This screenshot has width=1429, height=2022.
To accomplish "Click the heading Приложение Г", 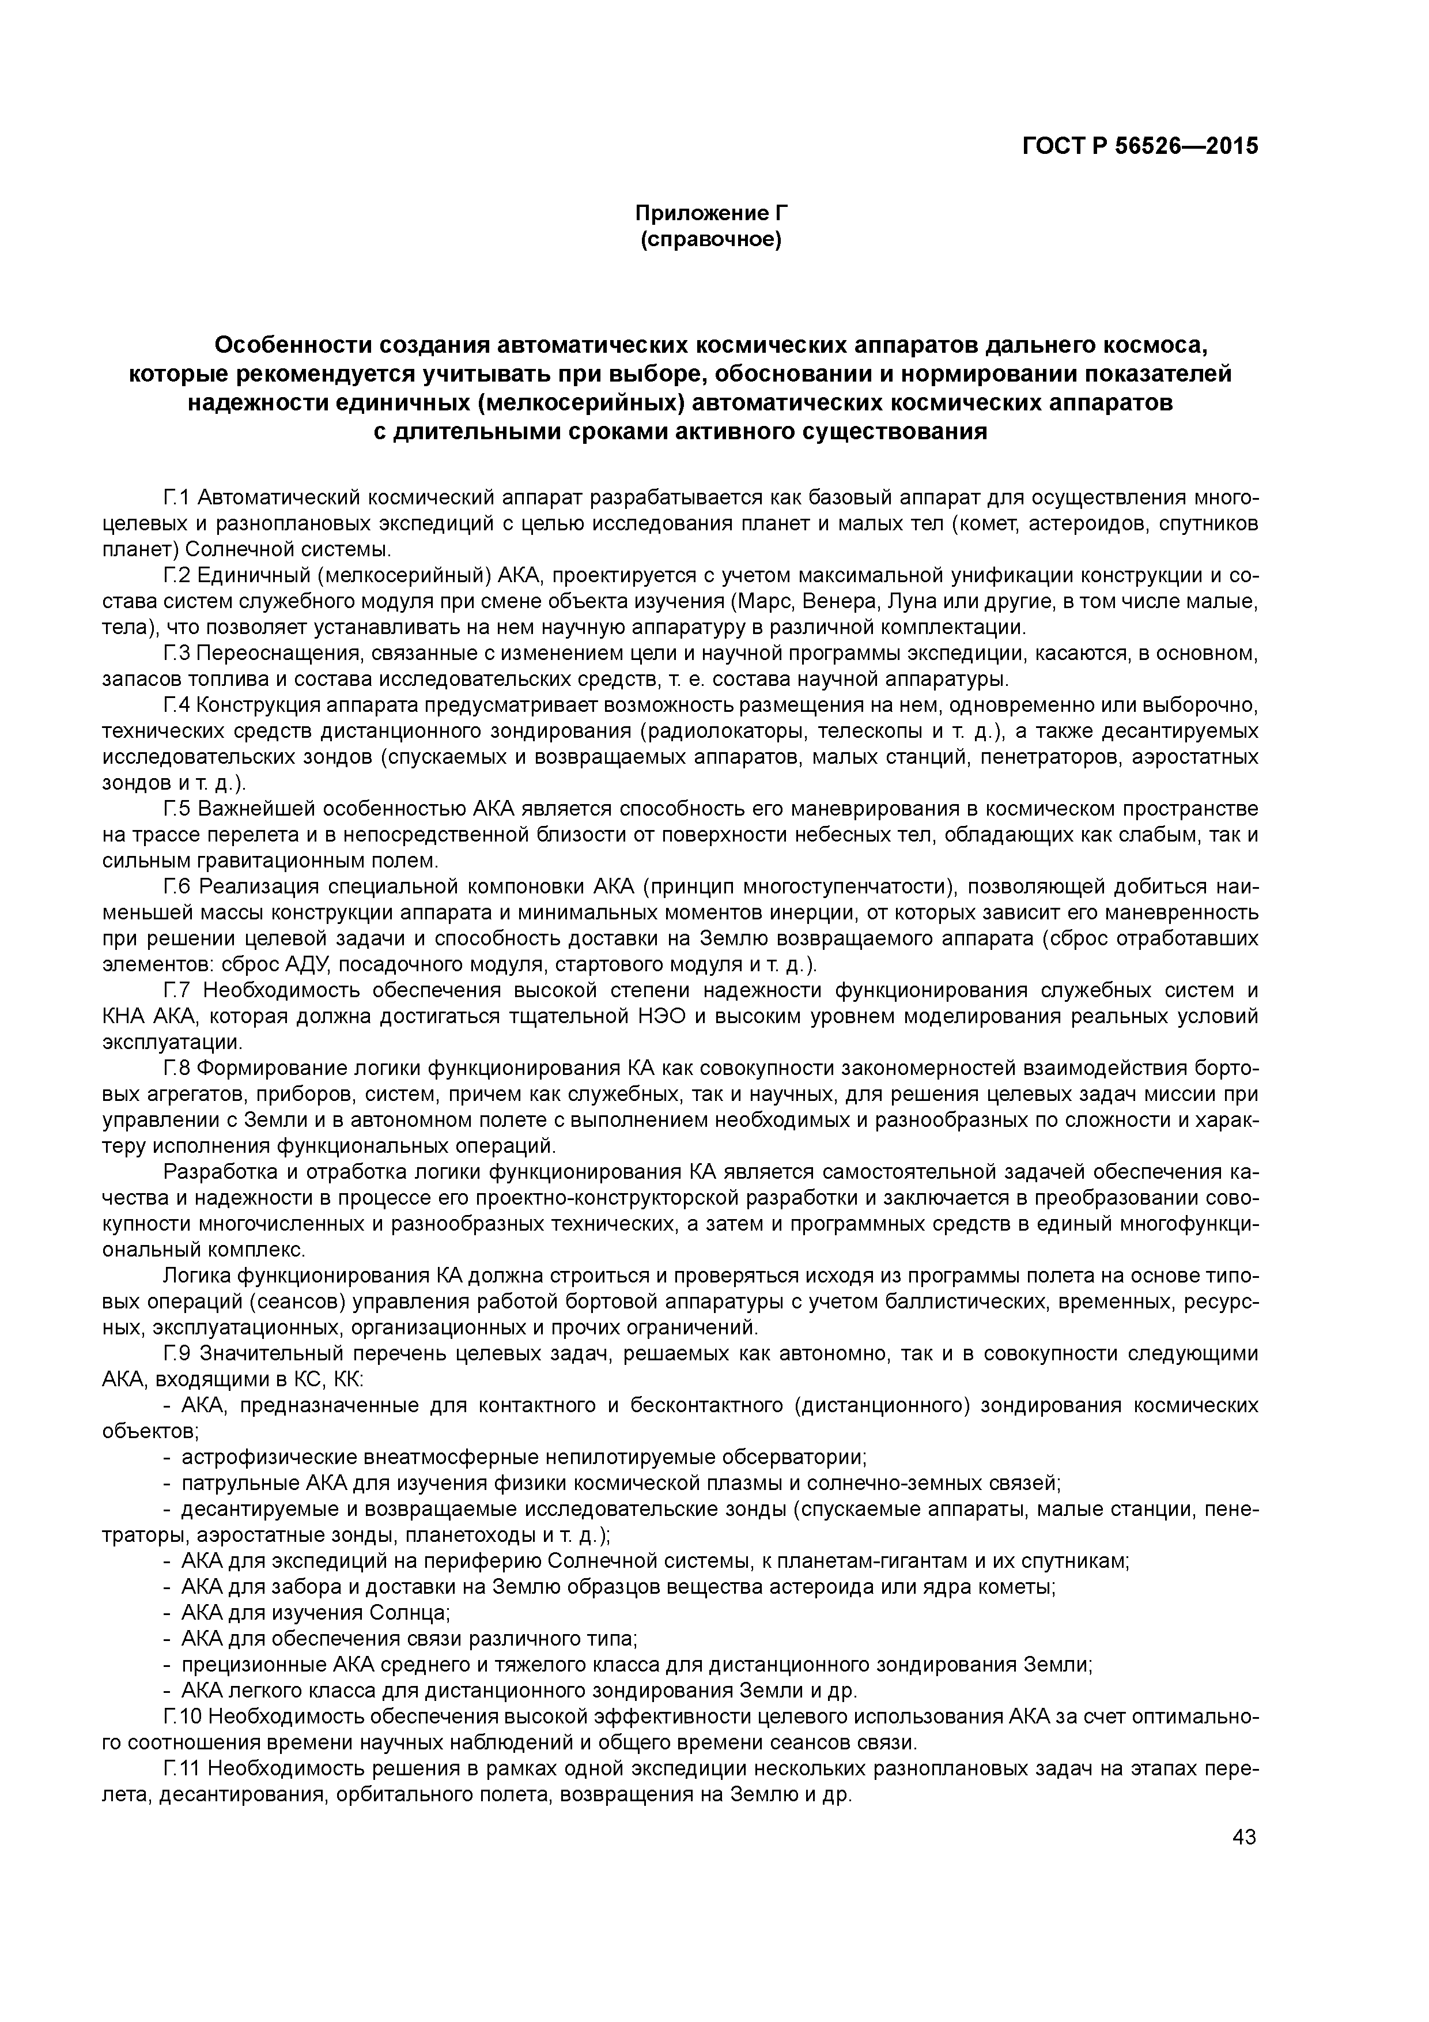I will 710,213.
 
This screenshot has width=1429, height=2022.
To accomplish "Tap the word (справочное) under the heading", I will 710,240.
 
